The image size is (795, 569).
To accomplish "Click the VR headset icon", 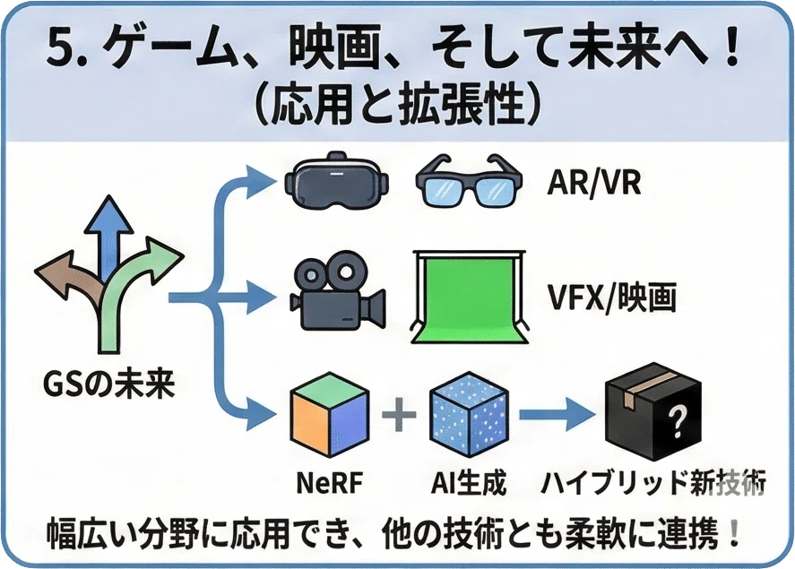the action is (337, 181).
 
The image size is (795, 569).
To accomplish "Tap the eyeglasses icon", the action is (469, 181).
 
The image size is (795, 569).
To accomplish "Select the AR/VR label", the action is (593, 183).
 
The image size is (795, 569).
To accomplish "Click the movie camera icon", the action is (337, 295).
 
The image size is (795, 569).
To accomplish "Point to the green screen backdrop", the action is (469, 297).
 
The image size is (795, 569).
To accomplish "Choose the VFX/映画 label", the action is (612, 297).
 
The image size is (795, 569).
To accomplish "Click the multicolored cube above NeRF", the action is (330, 415).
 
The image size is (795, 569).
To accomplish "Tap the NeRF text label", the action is (330, 482).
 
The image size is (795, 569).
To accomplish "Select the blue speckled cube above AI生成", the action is (469, 415).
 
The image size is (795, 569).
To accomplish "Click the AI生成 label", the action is (469, 482).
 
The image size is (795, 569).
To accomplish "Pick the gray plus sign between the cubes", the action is (399, 415).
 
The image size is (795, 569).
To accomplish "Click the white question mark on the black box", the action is (677, 422).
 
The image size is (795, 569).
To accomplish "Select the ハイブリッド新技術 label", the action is (653, 482).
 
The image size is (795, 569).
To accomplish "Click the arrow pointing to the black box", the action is (557, 415).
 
